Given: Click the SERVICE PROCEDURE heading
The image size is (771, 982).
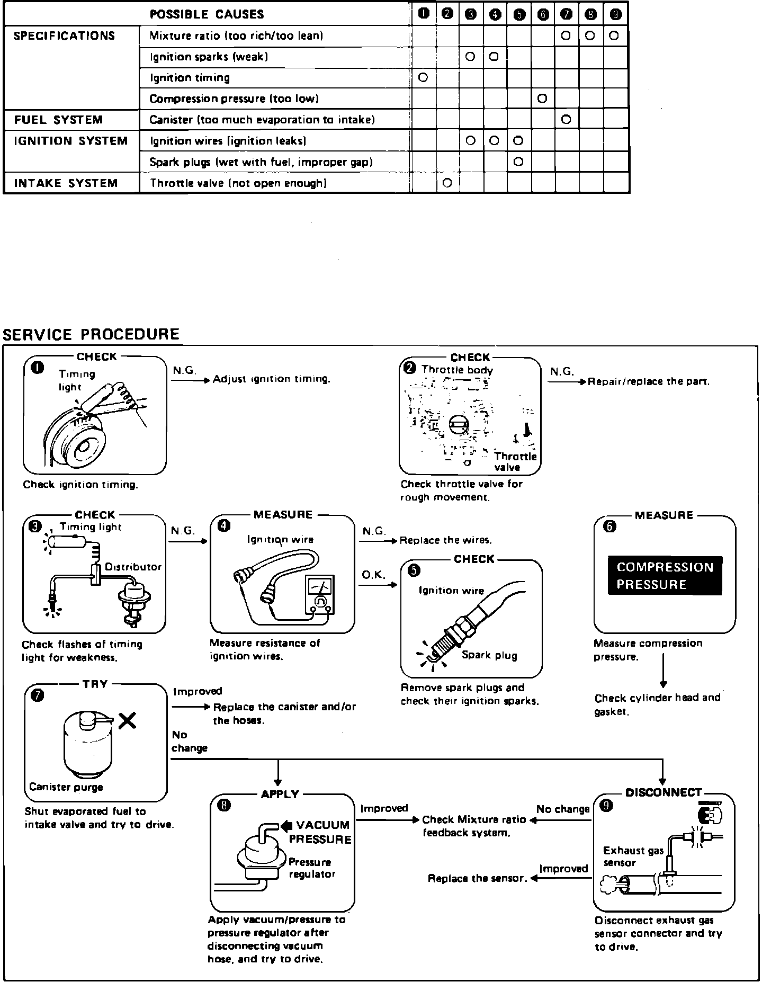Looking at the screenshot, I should pyautogui.click(x=91, y=335).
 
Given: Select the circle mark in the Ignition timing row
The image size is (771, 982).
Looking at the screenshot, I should pyautogui.click(x=423, y=78).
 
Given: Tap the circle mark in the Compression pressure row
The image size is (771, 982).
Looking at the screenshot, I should pyautogui.click(x=542, y=99).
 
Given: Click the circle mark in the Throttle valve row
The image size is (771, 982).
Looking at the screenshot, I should pyautogui.click(x=446, y=183).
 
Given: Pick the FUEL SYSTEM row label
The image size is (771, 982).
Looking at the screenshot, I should pyautogui.click(x=58, y=120).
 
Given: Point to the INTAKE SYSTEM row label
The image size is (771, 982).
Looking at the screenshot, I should pyautogui.click(x=66, y=183).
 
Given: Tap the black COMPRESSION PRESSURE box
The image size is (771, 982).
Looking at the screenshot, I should pyautogui.click(x=665, y=576).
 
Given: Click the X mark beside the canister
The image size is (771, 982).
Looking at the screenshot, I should pyautogui.click(x=127, y=720).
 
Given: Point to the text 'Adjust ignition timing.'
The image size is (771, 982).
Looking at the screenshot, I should pyautogui.click(x=272, y=379).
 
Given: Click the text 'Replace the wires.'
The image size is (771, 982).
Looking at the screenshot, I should pyautogui.click(x=445, y=540).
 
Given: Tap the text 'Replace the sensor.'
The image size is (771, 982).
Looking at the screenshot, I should pyautogui.click(x=477, y=879).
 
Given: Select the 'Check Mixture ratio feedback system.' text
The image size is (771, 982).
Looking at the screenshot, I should pyautogui.click(x=474, y=826).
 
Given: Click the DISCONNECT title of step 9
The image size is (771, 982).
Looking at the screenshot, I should pyautogui.click(x=664, y=793).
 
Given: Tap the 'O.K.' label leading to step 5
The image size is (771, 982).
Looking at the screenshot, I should pyautogui.click(x=373, y=575).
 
